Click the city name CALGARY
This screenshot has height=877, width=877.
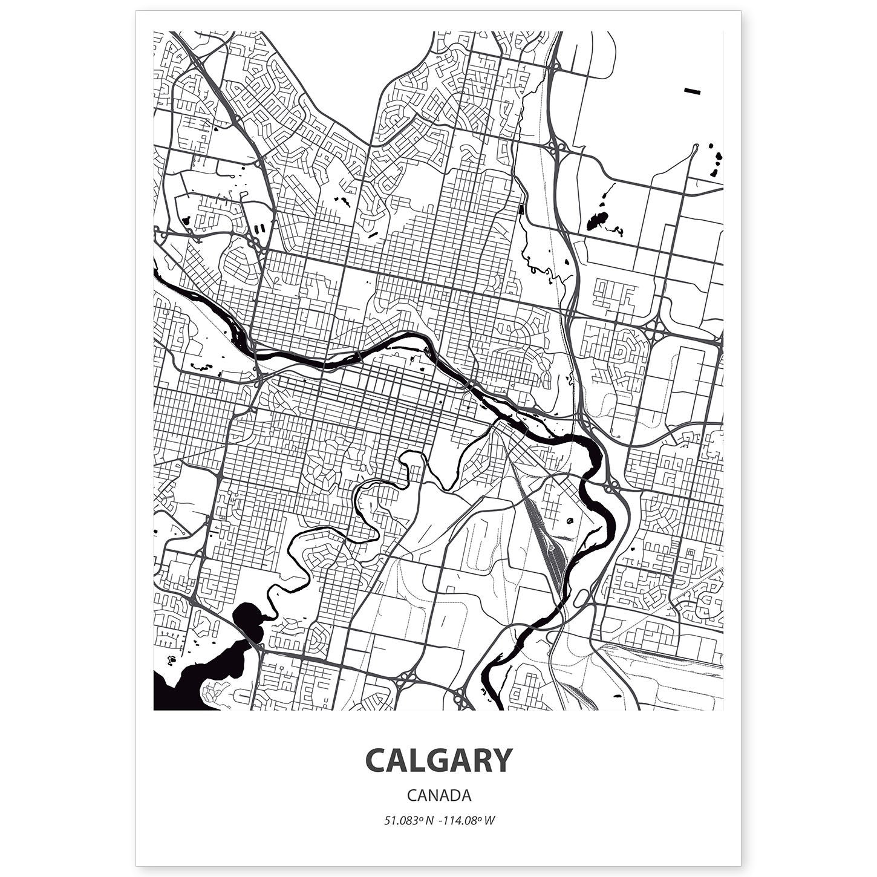coord(438,761)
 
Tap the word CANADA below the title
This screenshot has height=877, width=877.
coord(438,795)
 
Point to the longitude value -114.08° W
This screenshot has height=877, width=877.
coord(465,821)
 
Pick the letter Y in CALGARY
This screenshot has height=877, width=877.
coord(500,761)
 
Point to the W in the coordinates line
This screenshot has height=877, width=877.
coord(491,821)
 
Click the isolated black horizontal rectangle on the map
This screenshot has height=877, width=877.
coord(692,91)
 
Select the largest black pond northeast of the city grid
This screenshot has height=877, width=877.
coord(597,221)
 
